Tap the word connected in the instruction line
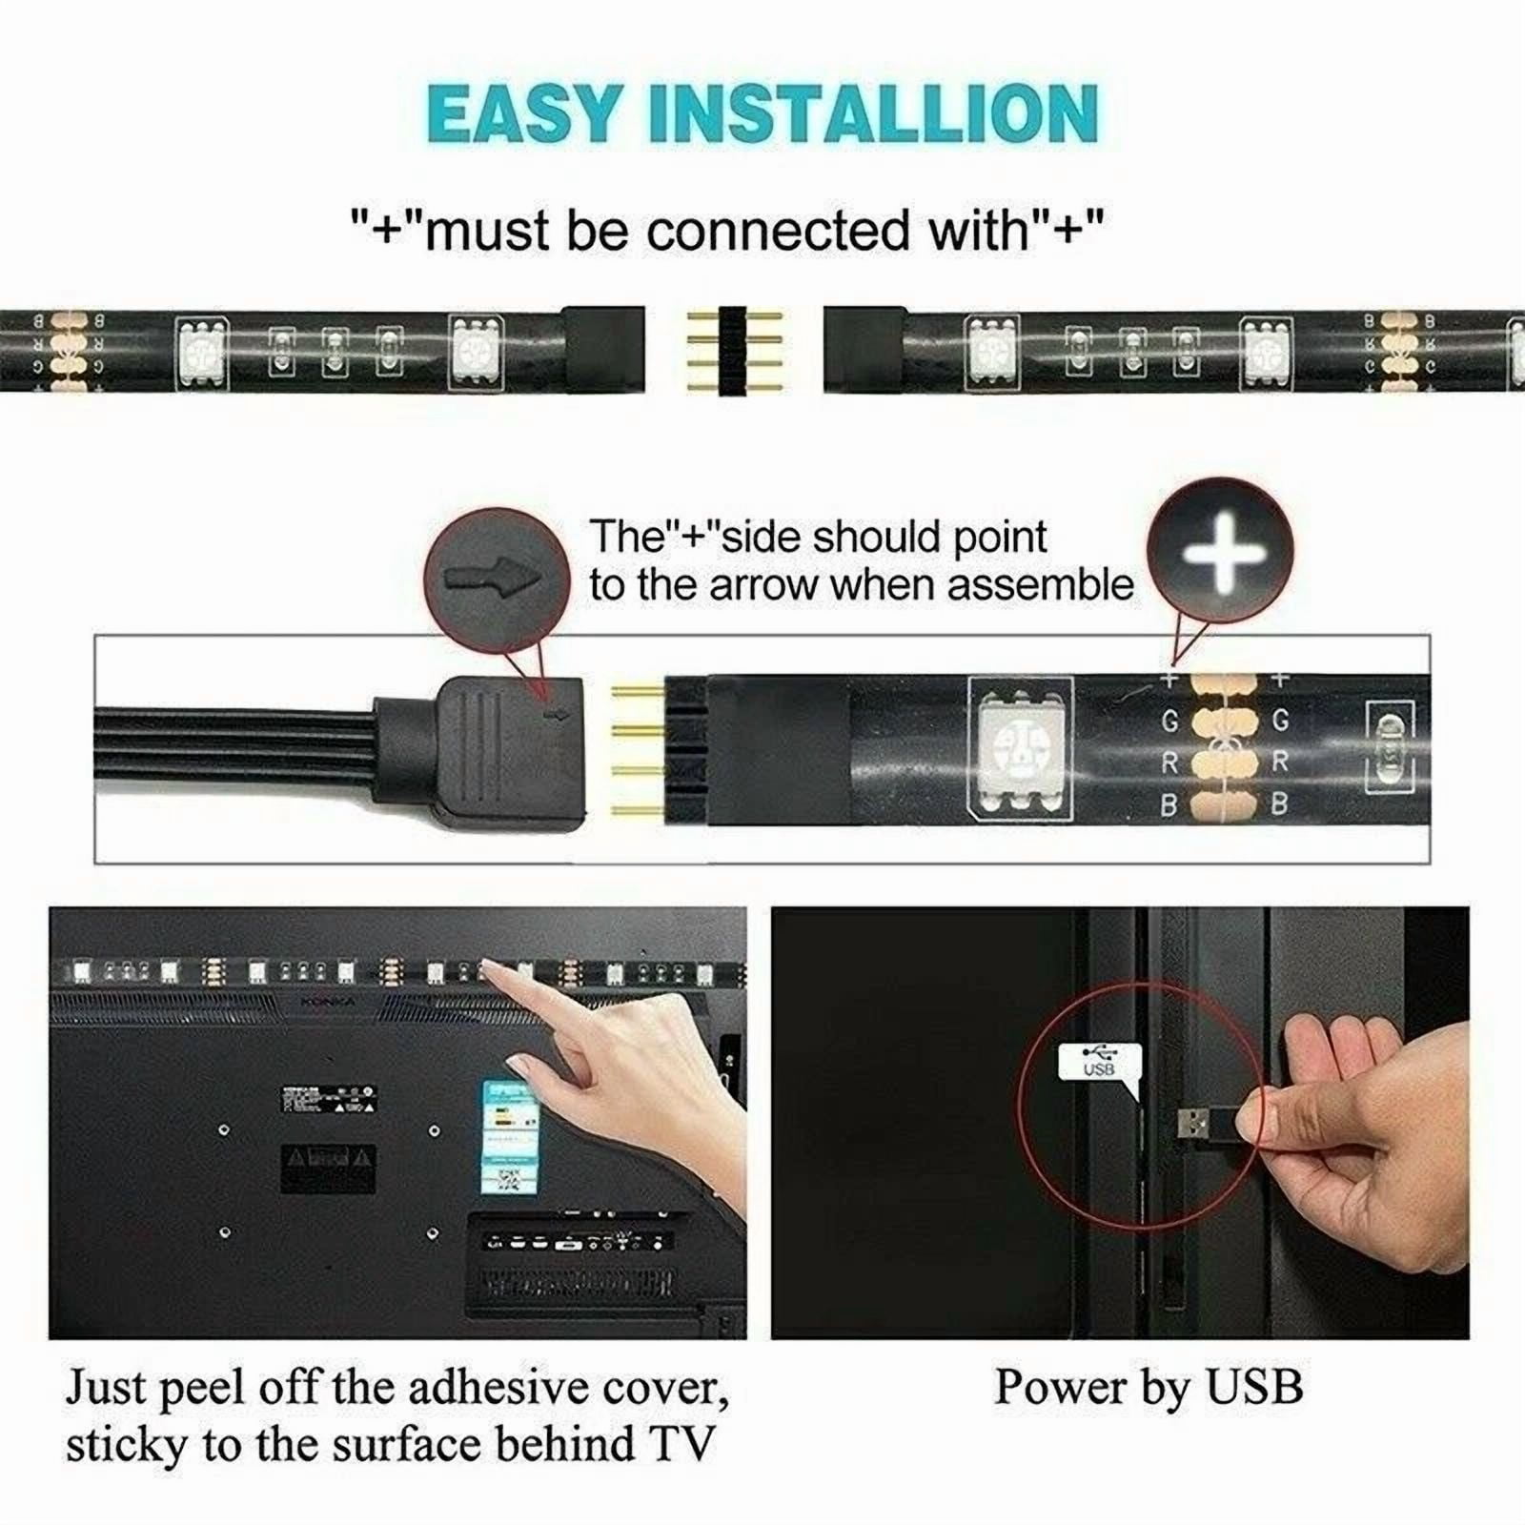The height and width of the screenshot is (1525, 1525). tap(778, 231)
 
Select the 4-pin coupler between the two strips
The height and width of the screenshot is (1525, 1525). tap(734, 350)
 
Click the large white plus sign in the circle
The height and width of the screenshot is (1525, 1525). tap(1220, 553)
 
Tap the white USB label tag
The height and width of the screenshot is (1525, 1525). tap(1099, 1060)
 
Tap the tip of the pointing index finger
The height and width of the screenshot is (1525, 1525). tap(488, 970)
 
